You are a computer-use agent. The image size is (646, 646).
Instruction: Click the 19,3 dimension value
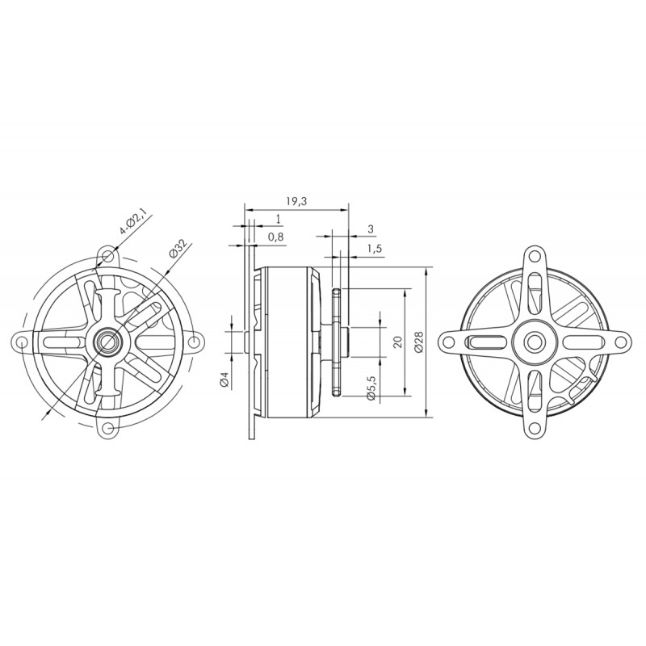296,201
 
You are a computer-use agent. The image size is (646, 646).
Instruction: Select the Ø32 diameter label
178,248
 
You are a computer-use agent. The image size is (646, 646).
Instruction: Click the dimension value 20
397,342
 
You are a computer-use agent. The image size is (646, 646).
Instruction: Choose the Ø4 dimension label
224,380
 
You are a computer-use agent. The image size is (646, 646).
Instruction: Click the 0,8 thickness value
275,237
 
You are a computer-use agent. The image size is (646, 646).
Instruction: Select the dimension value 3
371,229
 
